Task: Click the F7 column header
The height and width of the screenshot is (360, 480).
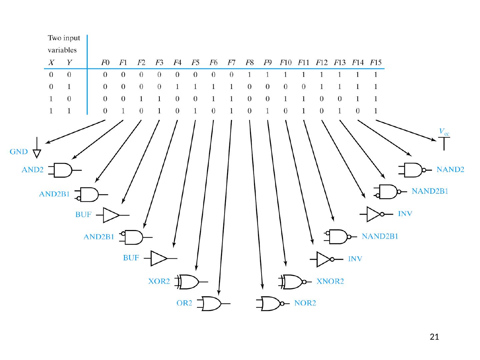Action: coord(231,62)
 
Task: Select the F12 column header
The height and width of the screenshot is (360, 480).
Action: coord(322,62)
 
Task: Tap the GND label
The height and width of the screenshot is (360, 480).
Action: coord(19,152)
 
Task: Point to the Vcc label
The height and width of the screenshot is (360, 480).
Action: coord(444,132)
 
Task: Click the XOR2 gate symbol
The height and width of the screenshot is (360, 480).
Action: coord(189,282)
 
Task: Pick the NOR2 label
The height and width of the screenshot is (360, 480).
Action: coord(305,303)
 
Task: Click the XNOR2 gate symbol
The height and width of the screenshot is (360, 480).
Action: coord(292,282)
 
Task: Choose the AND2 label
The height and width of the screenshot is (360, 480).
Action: coord(32,170)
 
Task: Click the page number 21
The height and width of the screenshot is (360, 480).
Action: coord(434,337)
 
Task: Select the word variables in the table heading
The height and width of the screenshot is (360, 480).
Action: coord(62,50)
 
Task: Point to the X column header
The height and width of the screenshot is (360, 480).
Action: coord(51,62)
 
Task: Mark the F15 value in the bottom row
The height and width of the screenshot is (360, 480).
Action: coord(375,111)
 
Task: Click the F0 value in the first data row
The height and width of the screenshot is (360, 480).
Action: coord(105,75)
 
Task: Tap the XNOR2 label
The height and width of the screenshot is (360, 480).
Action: coord(330,281)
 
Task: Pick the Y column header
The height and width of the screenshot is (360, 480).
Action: coord(69,62)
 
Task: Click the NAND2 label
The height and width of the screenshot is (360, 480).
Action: coord(450,170)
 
